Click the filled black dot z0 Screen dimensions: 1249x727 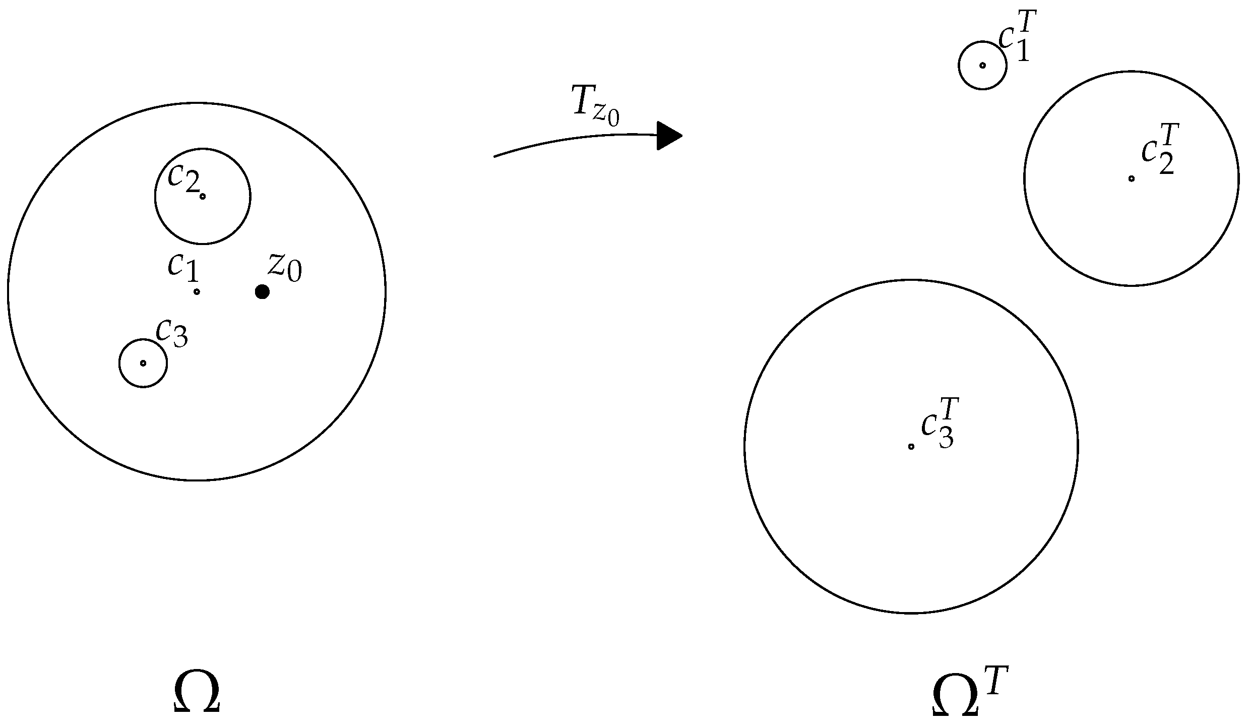coord(262,291)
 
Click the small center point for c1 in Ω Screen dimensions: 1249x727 coord(197,291)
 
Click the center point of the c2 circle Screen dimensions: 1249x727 coord(203,196)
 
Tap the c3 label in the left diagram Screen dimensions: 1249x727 coord(172,333)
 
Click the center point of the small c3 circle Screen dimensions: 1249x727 coord(143,363)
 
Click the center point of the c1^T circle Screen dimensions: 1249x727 coord(982,65)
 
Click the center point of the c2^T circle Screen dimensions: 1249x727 coord(1132,178)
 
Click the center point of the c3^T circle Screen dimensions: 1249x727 coord(911,446)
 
